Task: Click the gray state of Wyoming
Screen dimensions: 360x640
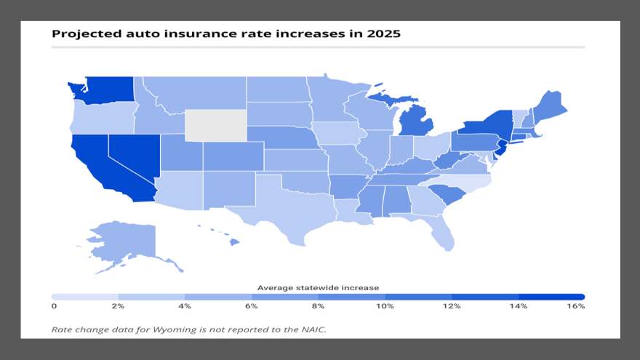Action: point(215,125)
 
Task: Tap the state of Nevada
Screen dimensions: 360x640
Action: point(134,155)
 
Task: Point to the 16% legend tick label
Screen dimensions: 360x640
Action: point(575,306)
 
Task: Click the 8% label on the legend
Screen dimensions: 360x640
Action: point(318,306)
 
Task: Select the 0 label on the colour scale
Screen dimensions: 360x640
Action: point(54,306)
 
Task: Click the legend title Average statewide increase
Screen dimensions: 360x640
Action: point(318,288)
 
